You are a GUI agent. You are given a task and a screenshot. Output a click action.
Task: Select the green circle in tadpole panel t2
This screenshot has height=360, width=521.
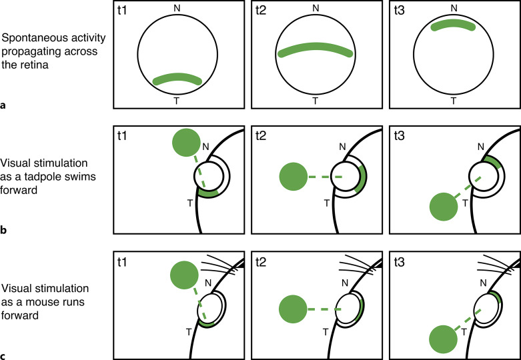(294, 177)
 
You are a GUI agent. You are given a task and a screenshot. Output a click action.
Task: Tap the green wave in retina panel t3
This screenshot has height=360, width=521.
(454, 26)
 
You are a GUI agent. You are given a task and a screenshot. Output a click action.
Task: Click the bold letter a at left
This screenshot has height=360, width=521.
(5, 105)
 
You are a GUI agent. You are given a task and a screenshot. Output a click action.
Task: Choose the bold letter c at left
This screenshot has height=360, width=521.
(5, 355)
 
